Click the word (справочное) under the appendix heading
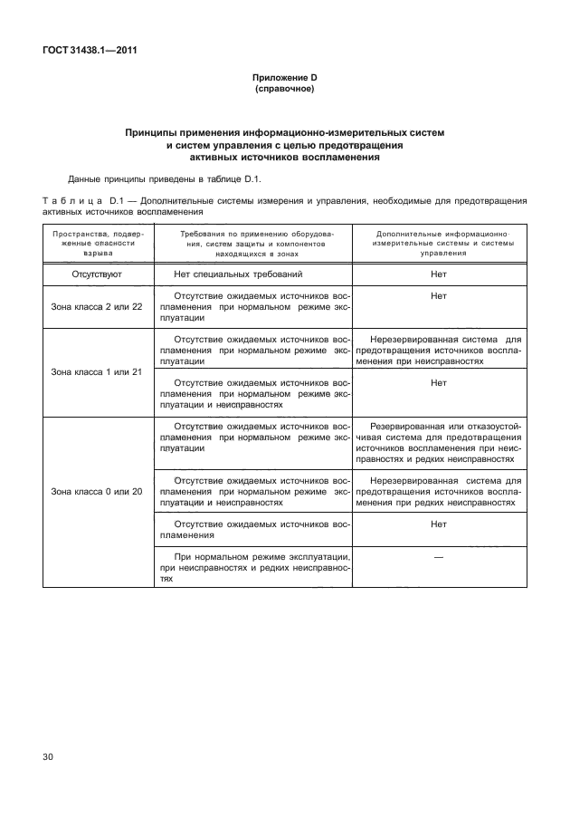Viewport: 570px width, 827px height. [285, 91]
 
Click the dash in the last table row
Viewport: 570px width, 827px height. [439, 557]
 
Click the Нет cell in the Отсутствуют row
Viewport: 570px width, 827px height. [439, 273]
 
